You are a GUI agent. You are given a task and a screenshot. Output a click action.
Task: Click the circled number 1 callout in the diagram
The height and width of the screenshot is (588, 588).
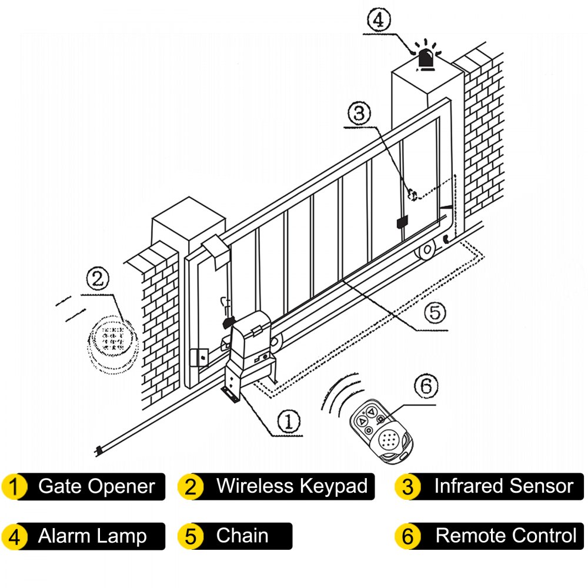pyautogui.click(x=289, y=422)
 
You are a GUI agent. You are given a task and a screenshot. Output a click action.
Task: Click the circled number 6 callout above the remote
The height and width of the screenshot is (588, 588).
pyautogui.click(x=426, y=387)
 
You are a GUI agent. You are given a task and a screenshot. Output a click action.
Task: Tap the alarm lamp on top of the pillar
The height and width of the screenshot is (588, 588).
pyautogui.click(x=427, y=58)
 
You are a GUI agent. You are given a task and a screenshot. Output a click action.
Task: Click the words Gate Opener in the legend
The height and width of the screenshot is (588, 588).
pyautogui.click(x=96, y=486)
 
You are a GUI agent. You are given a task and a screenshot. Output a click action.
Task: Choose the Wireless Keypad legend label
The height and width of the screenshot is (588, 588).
pyautogui.click(x=292, y=486)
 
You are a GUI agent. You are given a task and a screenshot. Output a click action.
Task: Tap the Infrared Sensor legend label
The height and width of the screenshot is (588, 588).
pyautogui.click(x=503, y=486)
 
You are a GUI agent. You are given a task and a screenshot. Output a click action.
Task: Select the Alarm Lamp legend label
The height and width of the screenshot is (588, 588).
pyautogui.click(x=92, y=536)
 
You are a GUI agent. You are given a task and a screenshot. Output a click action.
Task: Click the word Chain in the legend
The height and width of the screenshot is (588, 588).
pyautogui.click(x=242, y=536)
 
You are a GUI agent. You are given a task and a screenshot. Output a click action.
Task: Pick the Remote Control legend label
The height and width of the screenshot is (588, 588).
pyautogui.click(x=506, y=536)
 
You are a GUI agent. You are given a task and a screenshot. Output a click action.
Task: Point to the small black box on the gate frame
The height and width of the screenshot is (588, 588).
pyautogui.click(x=403, y=223)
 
